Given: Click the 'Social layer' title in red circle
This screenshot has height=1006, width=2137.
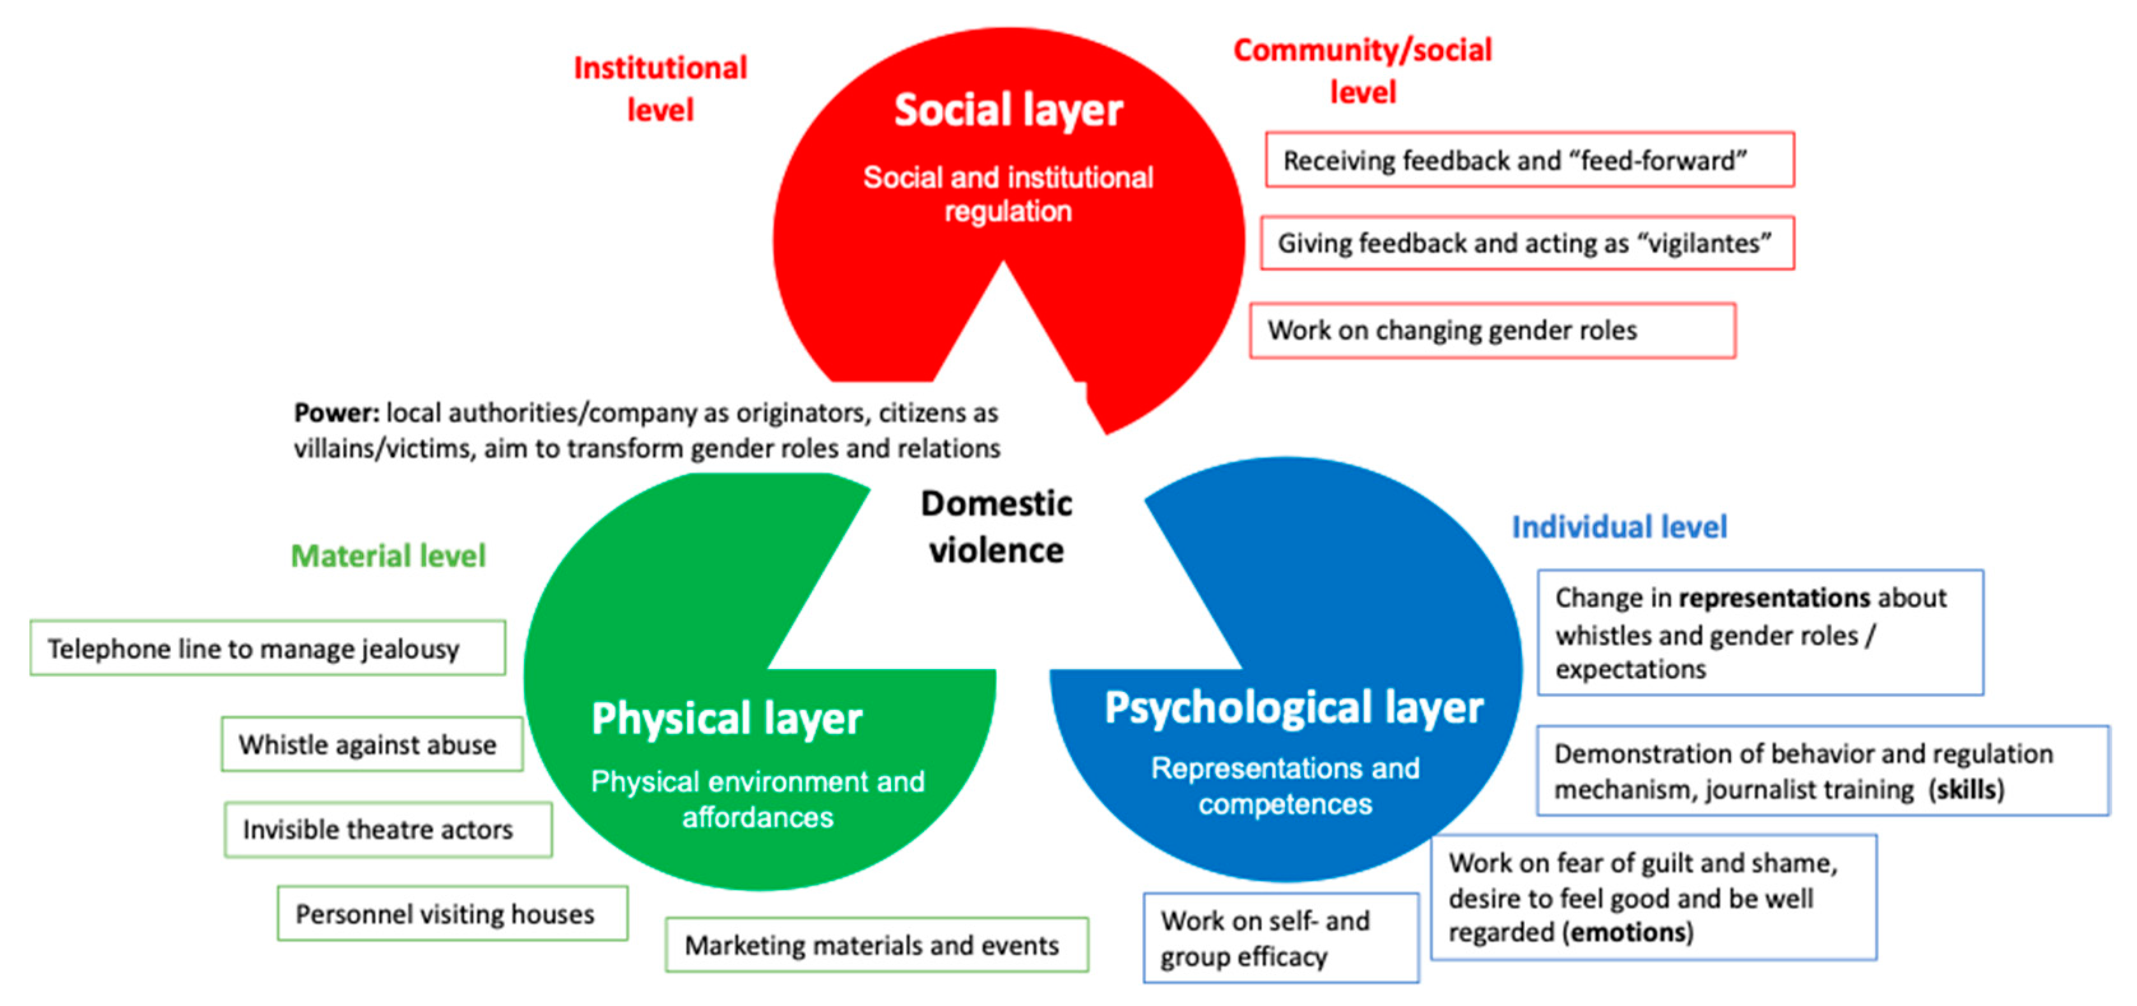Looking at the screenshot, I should [x=1007, y=111].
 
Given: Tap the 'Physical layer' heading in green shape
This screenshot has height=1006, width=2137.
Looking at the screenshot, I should [x=727, y=718].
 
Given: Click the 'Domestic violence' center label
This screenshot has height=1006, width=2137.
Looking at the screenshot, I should [x=996, y=527].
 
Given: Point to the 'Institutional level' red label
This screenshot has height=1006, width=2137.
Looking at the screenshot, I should [x=660, y=89].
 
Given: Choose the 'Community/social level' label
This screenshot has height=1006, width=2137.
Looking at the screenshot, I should [x=1362, y=71].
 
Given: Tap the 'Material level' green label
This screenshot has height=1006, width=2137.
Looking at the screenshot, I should [x=388, y=556].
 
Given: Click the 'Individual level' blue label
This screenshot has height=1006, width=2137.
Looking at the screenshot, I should [x=1618, y=527].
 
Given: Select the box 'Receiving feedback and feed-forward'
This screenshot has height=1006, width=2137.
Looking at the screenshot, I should [x=1529, y=160].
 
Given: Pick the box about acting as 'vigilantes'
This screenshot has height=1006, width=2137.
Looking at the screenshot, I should [x=1526, y=243].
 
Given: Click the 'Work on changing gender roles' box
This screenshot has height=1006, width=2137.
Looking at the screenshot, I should [x=1491, y=330].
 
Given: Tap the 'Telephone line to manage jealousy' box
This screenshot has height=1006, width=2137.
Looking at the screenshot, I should [x=267, y=648].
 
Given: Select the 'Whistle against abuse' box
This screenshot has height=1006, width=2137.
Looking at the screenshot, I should [x=371, y=744].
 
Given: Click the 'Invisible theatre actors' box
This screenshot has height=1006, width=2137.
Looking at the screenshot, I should [x=388, y=828].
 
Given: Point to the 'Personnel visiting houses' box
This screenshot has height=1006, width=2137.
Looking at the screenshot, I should [x=452, y=913].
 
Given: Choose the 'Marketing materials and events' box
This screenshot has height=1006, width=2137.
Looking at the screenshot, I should [x=876, y=945].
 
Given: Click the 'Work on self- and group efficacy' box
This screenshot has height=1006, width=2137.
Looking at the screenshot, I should [x=1280, y=938].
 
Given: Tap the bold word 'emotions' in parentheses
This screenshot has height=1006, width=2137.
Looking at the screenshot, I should [x=1628, y=932].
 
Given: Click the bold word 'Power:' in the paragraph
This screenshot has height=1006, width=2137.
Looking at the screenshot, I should [x=336, y=412].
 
